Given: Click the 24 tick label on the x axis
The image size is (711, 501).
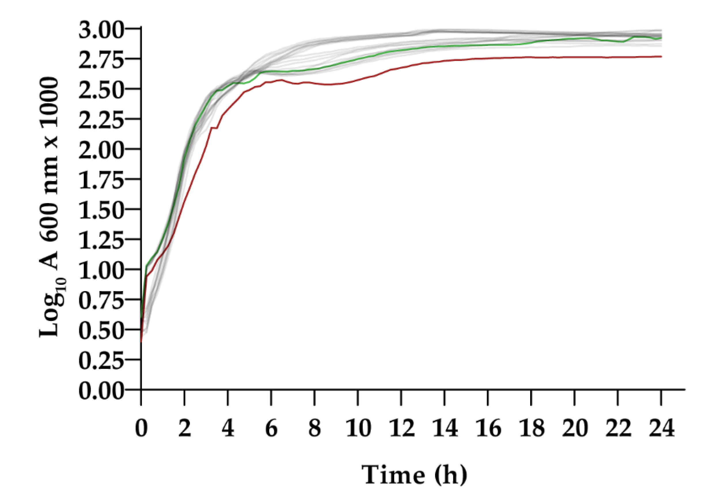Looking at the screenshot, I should click(661, 428).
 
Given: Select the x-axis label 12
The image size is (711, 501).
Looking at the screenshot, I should click(401, 428).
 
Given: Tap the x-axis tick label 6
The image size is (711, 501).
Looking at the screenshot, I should click(271, 428).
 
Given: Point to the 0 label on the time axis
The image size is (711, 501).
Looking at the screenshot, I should click(141, 428).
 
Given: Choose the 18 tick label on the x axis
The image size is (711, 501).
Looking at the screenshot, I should click(531, 428).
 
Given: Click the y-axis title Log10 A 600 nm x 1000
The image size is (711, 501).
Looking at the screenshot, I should click(50, 208).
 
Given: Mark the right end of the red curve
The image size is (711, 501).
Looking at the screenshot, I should click(661, 56).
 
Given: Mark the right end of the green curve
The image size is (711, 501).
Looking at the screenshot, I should click(661, 38).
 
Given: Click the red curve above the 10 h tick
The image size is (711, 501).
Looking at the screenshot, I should click(358, 80).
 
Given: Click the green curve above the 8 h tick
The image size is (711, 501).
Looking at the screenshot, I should click(315, 69).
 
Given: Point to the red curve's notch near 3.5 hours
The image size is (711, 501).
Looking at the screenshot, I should click(214, 128).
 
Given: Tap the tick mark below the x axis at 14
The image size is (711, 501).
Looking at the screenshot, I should click(445, 398).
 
